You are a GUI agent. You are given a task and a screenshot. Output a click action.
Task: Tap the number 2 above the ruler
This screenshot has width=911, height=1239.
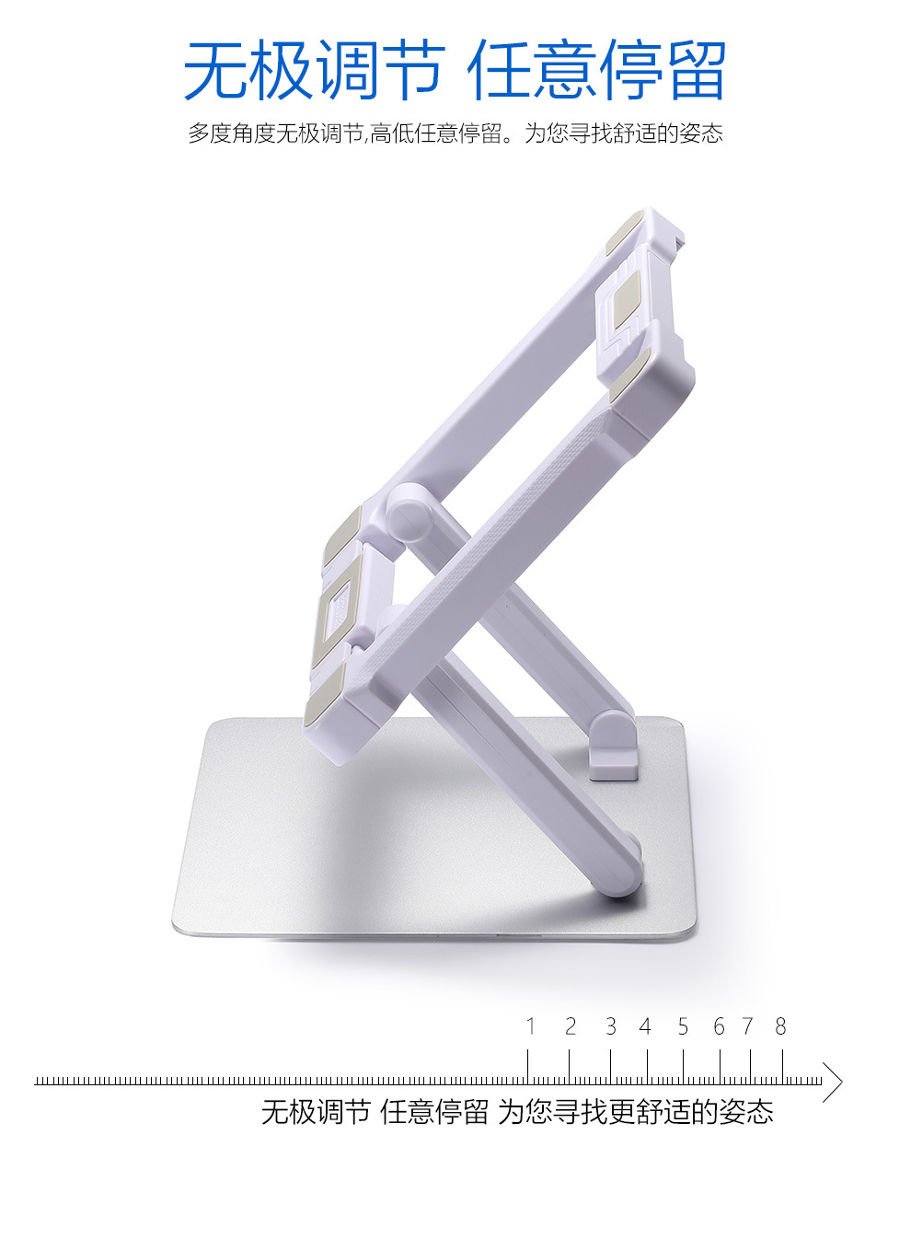click(571, 1026)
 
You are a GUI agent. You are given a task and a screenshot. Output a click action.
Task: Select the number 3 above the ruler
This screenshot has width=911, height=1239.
click(610, 1026)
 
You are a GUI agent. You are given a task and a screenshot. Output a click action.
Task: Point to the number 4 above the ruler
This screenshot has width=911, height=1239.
click(645, 1026)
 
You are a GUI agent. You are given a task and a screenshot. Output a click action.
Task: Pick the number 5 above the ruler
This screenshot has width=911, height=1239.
click(683, 1026)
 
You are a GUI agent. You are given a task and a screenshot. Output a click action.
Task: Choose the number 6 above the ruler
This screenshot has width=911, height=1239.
click(719, 1026)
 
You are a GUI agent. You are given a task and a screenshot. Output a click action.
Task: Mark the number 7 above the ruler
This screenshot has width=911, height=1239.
click(748, 1026)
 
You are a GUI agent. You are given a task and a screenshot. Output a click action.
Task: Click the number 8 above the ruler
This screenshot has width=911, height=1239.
click(780, 1026)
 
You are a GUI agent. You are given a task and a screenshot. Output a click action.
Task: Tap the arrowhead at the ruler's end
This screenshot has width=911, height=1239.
click(834, 1082)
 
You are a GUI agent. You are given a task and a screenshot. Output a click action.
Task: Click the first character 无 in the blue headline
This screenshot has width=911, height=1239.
click(216, 70)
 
